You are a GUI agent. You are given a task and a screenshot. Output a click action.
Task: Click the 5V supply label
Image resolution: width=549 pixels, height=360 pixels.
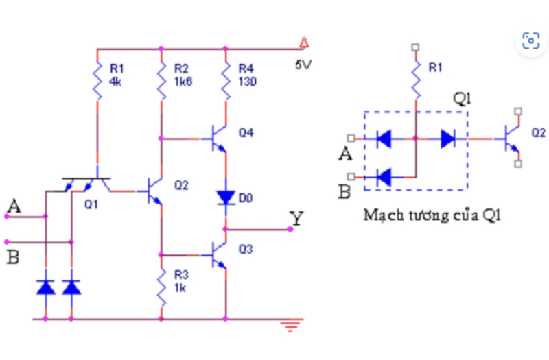pyautogui.click(x=303, y=67)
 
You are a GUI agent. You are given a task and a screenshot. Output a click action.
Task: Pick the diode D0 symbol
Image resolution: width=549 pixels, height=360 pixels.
pyautogui.click(x=224, y=198)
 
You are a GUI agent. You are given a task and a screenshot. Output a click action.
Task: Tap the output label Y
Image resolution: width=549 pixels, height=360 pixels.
pyautogui.click(x=296, y=219)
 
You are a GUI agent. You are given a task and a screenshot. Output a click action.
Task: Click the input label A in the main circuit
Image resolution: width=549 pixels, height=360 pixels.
pyautogui.click(x=13, y=205)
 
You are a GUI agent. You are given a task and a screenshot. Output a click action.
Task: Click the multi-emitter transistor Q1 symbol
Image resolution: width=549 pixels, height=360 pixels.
pyautogui.click(x=87, y=182)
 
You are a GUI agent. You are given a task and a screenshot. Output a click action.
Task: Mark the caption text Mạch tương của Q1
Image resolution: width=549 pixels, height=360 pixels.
pyautogui.click(x=431, y=215)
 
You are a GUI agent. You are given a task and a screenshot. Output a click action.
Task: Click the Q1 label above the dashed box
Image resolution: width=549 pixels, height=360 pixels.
pyautogui.click(x=462, y=98)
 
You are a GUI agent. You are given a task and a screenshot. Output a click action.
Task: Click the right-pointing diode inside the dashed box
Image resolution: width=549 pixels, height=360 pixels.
pyautogui.click(x=448, y=139)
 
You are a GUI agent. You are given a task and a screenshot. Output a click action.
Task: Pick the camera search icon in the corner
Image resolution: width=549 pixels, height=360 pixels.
pyautogui.click(x=530, y=41)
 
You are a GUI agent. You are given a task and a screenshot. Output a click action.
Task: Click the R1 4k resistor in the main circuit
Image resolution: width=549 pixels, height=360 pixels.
pyautogui.click(x=97, y=82)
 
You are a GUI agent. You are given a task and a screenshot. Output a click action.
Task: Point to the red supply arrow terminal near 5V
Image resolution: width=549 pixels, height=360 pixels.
pyautogui.click(x=303, y=45)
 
